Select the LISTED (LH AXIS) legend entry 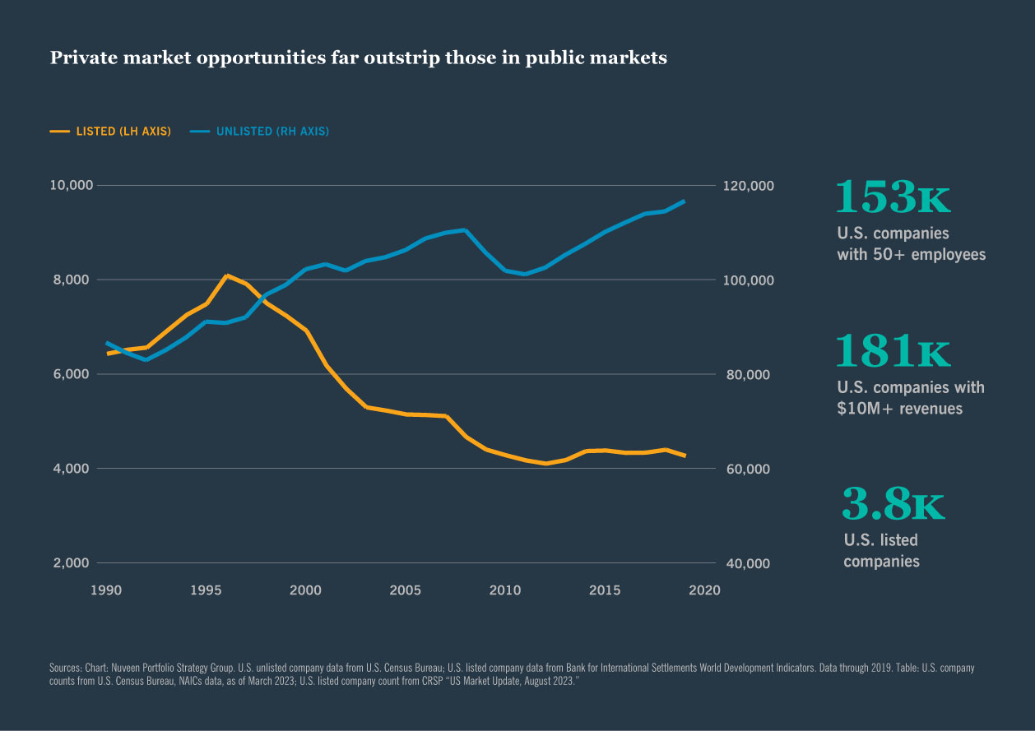pyautogui.click(x=110, y=132)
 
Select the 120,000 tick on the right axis pyautogui.click(x=748, y=186)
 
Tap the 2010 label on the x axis pyautogui.click(x=505, y=590)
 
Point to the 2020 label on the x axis pyautogui.click(x=705, y=590)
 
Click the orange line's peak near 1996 pyautogui.click(x=227, y=275)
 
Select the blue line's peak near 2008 pyautogui.click(x=465, y=229)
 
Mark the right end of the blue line pyautogui.click(x=684, y=201)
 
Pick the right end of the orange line pyautogui.click(x=684, y=456)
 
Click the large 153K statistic pyautogui.click(x=893, y=198)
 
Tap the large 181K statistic pyautogui.click(x=893, y=352)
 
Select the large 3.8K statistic pyautogui.click(x=893, y=505)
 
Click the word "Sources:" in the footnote pyautogui.click(x=66, y=669)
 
